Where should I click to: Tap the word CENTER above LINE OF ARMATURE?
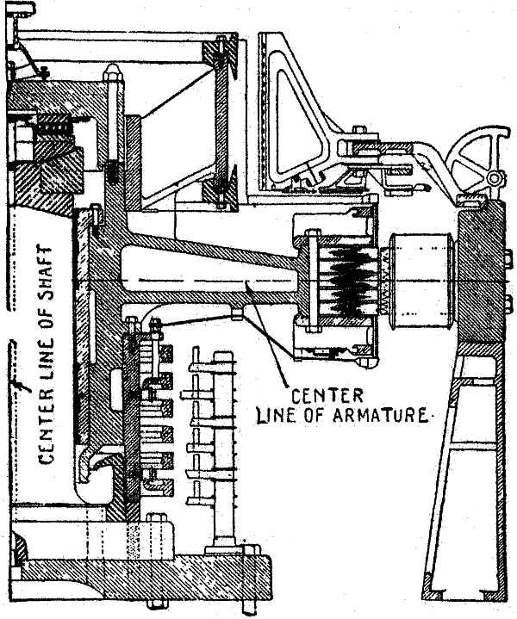coord(321,397)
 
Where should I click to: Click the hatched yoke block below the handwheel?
coord(477,275)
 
